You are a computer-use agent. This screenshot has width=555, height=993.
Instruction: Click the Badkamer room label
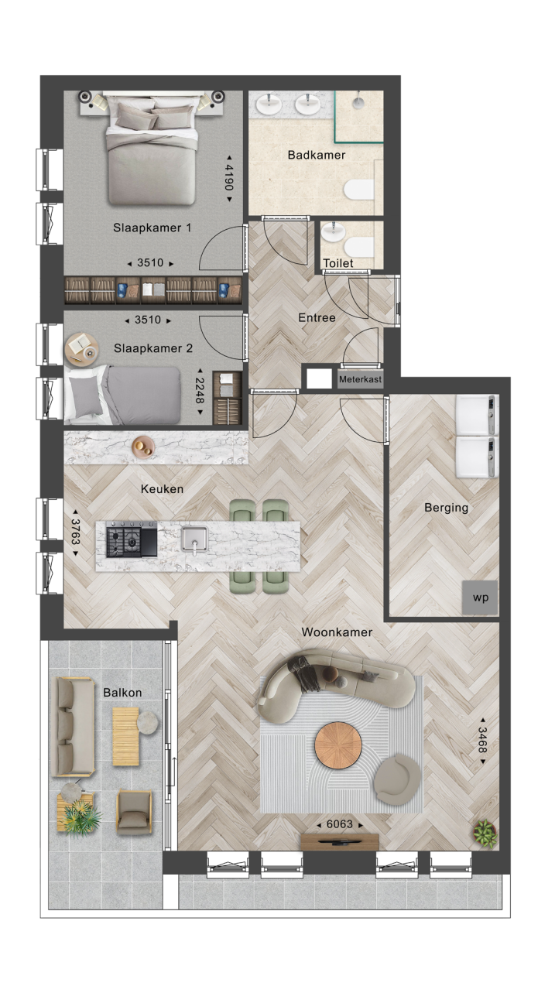[316, 155]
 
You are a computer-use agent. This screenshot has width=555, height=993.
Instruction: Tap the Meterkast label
[360, 379]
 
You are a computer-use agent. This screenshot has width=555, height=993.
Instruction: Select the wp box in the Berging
[480, 598]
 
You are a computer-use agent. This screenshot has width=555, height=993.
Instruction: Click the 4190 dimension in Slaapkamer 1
[229, 177]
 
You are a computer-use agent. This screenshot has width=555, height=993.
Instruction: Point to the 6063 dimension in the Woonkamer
[340, 824]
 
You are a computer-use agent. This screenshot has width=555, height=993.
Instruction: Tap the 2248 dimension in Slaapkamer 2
[200, 391]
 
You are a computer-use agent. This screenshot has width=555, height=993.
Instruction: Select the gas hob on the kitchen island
[132, 539]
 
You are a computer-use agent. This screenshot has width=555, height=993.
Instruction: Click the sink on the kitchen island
[194, 539]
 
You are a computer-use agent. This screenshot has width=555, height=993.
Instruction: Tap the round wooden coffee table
[337, 746]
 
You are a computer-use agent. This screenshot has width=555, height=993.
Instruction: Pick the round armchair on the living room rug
[397, 779]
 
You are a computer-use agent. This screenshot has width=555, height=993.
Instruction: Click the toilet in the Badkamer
[359, 190]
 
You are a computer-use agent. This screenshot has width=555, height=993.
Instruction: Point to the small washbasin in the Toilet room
[332, 232]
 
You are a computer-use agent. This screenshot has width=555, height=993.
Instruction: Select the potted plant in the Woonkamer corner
[485, 834]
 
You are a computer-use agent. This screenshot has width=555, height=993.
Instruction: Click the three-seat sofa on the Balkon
[73, 727]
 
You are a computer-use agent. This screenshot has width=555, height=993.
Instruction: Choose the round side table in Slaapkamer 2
[81, 348]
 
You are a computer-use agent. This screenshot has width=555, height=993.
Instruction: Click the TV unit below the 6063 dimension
[340, 841]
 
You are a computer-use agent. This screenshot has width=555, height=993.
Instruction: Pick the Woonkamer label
[337, 632]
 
